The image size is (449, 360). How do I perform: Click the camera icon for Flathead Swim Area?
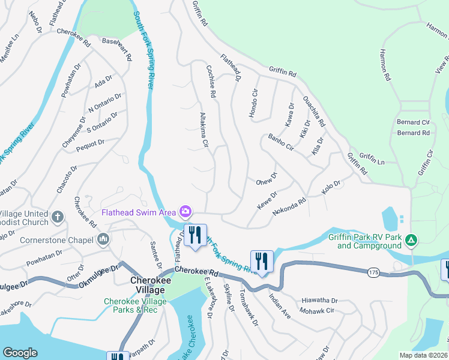tap(185, 211)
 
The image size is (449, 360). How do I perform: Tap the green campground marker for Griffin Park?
tap(411, 241)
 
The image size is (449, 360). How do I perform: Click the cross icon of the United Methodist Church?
tap(58, 217)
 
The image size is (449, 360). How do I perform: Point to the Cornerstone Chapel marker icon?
tap(103, 240)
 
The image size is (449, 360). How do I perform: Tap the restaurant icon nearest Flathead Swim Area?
tap(194, 235)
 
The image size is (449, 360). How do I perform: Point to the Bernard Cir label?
tap(414, 122)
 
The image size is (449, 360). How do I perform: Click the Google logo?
tap(20, 353)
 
